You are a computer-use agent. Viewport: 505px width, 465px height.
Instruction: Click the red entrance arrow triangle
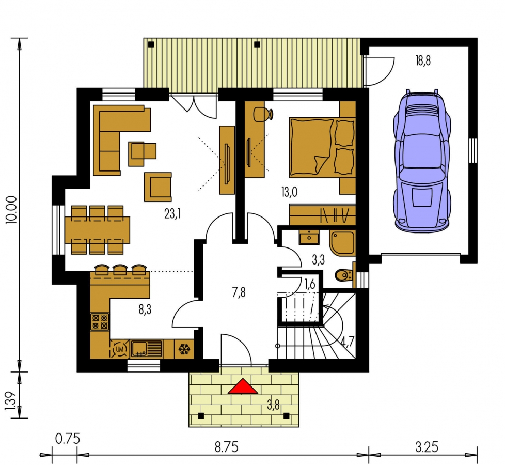coord(243,386)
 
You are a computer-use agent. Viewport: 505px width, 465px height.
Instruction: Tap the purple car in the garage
coord(421,161)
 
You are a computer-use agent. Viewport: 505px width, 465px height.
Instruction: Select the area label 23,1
coord(172,213)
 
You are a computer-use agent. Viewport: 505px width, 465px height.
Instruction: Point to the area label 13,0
coord(289,192)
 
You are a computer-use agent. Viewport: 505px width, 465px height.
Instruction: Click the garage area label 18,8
coord(423,60)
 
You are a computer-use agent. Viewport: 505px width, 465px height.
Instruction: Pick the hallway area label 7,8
coord(239,292)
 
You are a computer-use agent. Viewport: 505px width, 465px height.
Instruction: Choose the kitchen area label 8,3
coord(145,309)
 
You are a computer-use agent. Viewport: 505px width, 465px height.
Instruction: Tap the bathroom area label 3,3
coord(318,260)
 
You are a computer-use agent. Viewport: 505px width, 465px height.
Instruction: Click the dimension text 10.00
coord(12,209)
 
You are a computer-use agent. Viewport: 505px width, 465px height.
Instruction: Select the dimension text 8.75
coord(226,447)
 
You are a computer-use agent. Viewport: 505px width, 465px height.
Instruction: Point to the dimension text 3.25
coord(427,447)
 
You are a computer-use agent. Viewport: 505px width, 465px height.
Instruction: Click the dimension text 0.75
coord(68,439)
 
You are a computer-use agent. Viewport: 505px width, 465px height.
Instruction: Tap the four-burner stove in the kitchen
coord(100,321)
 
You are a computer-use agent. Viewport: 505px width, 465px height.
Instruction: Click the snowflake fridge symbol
coord(184,349)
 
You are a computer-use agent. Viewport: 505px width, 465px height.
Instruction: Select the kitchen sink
coord(146,349)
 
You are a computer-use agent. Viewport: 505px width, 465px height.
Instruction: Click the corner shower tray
coord(342,243)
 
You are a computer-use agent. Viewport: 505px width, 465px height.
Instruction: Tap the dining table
coord(97,230)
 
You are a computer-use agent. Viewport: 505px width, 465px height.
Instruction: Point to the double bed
coord(322,148)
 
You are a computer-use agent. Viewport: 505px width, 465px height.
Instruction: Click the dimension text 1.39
coord(12,401)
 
